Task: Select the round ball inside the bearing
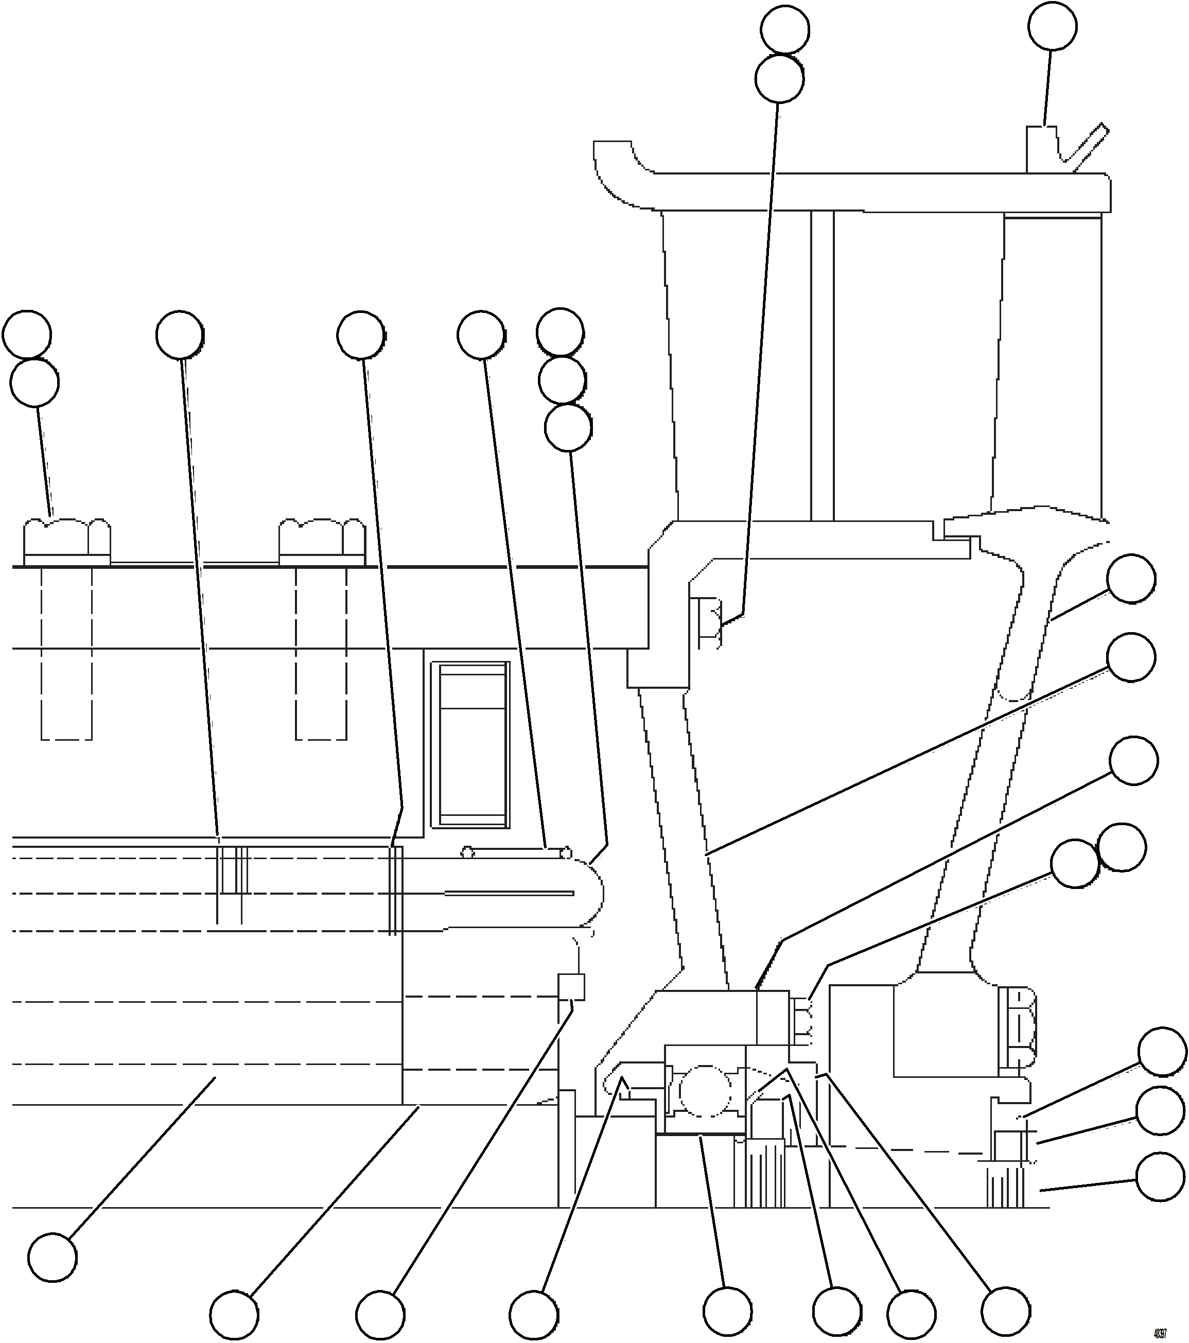[704, 1091]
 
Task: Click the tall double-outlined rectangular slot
[470, 744]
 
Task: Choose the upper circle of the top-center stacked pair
[785, 29]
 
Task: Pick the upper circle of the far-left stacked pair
[27, 335]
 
